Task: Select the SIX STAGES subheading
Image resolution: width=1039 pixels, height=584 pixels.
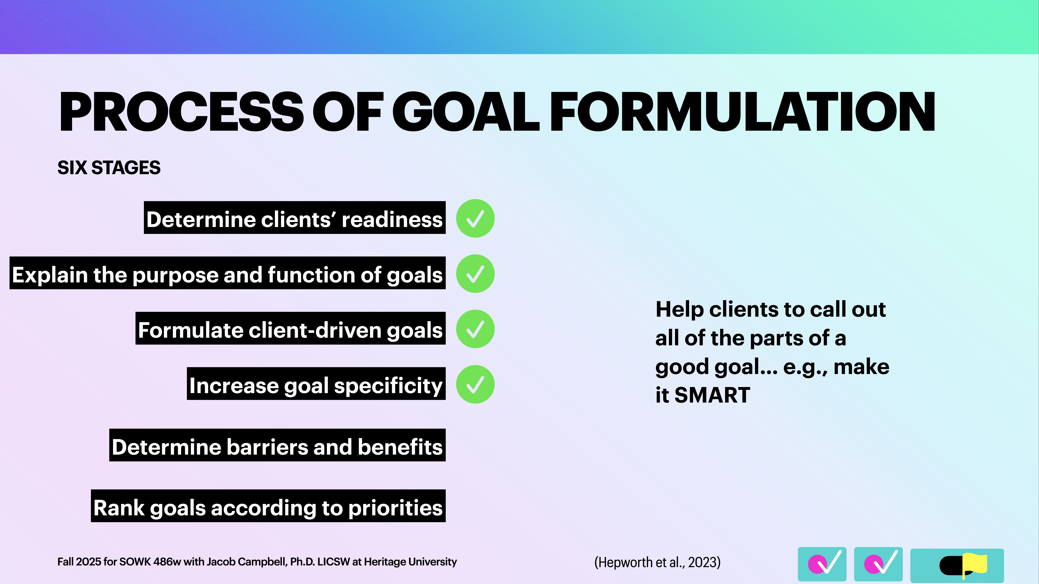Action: [x=109, y=168]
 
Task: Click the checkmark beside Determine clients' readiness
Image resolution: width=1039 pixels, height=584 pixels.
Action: [x=475, y=218]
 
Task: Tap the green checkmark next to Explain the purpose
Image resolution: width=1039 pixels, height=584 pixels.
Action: [x=475, y=274]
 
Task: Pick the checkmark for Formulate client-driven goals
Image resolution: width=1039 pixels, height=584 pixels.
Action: [x=475, y=329]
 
